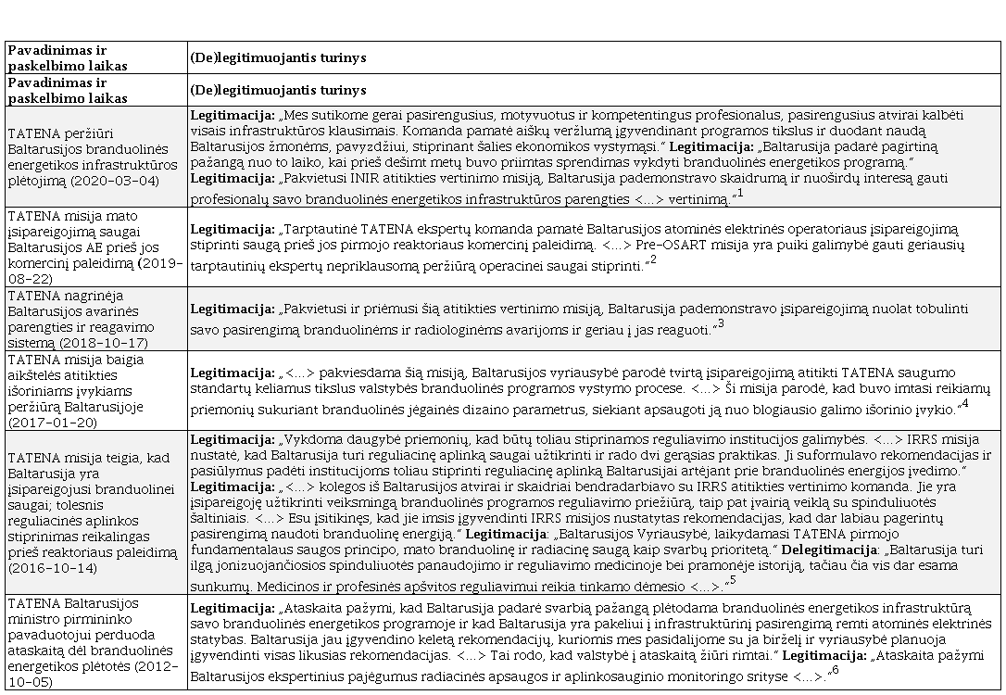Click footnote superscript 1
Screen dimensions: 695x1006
[x=740, y=193]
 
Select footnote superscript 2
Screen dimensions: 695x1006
[x=653, y=260]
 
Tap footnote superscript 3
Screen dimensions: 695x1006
[x=721, y=323]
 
